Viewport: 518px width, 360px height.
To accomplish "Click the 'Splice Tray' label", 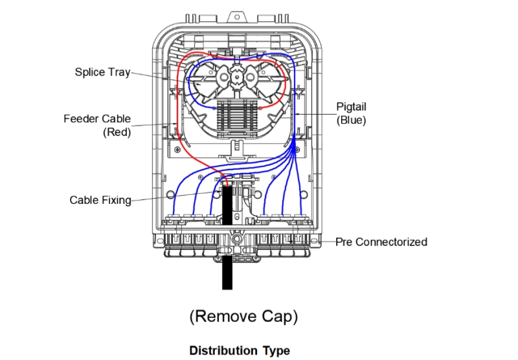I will click(102, 72).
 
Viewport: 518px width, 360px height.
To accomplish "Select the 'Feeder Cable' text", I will click(97, 119).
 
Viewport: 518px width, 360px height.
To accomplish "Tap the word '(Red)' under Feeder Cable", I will click(117, 133).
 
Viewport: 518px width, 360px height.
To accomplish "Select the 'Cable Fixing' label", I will click(100, 200).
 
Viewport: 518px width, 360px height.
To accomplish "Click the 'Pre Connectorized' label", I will click(381, 242).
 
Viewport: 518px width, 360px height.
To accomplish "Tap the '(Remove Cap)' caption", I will click(243, 317).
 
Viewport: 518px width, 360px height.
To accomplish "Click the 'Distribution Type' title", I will click(240, 350).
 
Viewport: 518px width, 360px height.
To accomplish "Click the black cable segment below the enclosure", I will click(227, 272).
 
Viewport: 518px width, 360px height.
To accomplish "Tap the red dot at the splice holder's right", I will click(260, 109).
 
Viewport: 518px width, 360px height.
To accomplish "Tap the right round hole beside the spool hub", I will click(253, 76).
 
